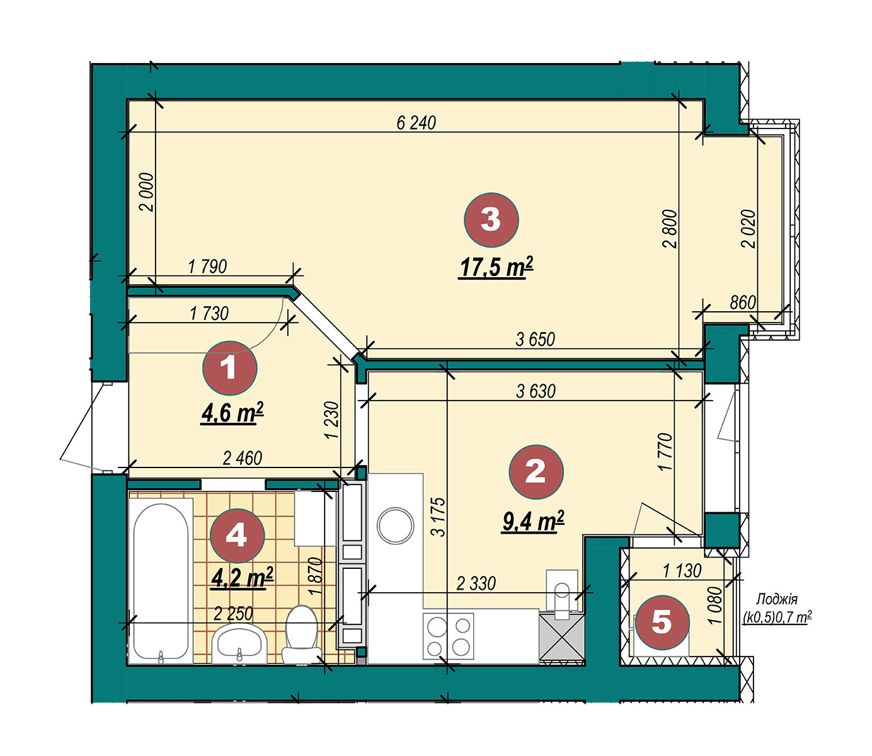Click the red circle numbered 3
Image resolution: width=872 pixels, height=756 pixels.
pos(491,220)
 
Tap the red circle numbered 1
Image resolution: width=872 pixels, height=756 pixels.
pos(229,368)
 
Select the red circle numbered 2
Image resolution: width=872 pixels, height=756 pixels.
pos(536,472)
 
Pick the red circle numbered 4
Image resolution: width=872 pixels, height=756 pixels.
pos(237,535)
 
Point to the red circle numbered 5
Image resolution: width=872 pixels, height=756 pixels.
pos(662,622)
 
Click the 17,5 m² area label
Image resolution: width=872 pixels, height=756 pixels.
pos(496,267)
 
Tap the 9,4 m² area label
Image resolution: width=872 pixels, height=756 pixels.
pos(533,522)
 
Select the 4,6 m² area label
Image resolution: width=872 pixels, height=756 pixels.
pos(232,412)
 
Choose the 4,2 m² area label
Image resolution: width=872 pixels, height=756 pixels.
pos(242,576)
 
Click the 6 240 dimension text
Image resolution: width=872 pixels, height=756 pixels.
pos(416,123)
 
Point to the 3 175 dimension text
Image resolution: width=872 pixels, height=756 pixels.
pos(439,517)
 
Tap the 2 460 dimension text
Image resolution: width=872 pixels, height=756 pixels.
pos(242,458)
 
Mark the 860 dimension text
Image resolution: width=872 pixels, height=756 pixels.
pos(742,302)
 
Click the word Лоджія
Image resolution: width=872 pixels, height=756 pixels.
pos(777,599)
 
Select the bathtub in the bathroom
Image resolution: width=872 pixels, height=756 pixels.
pos(161,581)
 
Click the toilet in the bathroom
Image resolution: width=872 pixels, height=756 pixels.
pos(301,634)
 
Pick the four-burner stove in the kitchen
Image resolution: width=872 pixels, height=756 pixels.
pos(449,636)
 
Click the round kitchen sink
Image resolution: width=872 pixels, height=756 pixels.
pos(395,525)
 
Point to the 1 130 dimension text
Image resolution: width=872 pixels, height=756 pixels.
pos(682,571)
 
